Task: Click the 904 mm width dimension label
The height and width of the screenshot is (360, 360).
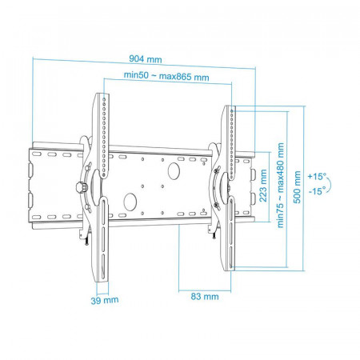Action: coord(146,59)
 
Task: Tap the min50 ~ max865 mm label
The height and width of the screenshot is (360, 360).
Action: coord(166,76)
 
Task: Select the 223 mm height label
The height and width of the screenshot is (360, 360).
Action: coord(263,186)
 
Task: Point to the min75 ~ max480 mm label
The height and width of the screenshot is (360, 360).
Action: coord(281,185)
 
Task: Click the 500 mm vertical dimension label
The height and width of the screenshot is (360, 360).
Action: coord(297,187)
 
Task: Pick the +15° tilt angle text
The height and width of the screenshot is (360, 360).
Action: coord(317,176)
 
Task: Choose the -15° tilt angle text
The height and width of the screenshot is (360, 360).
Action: coord(318,190)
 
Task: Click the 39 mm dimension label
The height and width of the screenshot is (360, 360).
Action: coord(105,300)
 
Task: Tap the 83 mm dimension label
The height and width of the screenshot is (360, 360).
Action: coord(205,296)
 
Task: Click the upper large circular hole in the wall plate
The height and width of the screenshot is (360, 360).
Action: coord(174,171)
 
